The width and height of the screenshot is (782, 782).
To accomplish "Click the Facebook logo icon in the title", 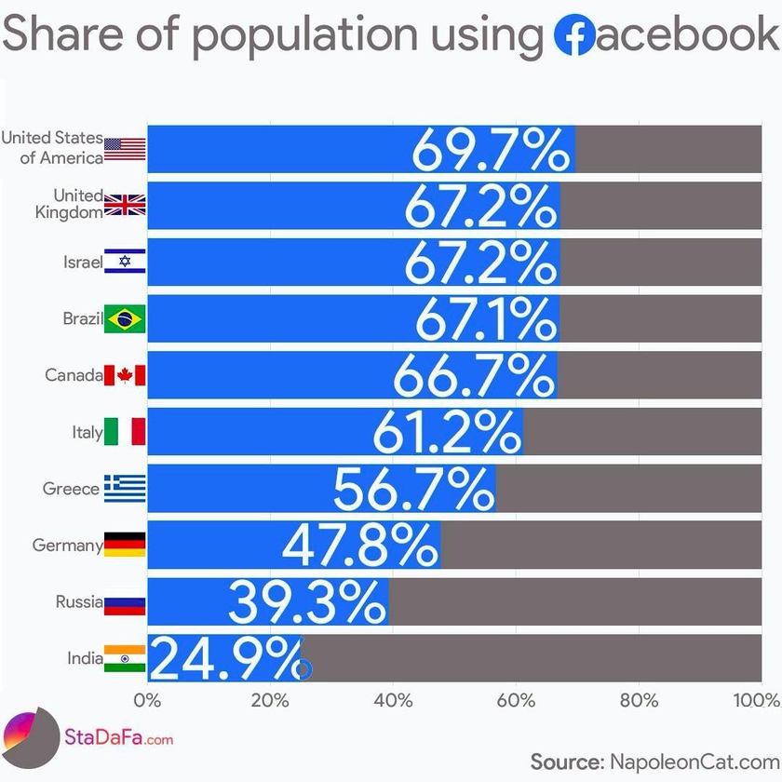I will coord(573,35).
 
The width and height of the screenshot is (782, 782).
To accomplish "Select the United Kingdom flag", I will coord(125,206).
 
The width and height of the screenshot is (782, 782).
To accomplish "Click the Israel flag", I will coord(125,263).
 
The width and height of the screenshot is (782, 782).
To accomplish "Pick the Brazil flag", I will coord(125,319).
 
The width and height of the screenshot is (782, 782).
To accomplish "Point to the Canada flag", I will coord(125,375).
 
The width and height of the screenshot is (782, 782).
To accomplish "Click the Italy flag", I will coord(125,432).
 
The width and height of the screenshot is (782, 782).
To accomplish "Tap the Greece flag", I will coord(125,488).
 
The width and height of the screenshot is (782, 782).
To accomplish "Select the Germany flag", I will coord(125,545).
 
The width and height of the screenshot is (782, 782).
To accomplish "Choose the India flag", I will coord(125,658).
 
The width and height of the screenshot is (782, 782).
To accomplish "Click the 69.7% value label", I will coord(491,149).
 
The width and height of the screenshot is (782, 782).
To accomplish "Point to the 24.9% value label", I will coord(229,658).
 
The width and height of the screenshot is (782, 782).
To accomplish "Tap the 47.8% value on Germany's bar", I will coord(359,545).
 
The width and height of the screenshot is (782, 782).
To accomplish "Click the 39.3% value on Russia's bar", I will coord(307,601).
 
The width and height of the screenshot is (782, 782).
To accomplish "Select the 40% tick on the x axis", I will coord(393,700).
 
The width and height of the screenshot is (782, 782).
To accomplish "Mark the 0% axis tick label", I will coord(148,700).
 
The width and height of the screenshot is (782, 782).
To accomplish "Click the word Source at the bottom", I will coord(566,762).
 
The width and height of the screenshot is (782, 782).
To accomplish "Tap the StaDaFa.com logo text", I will coord(119,739).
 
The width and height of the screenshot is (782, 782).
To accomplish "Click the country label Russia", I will coord(78,601).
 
